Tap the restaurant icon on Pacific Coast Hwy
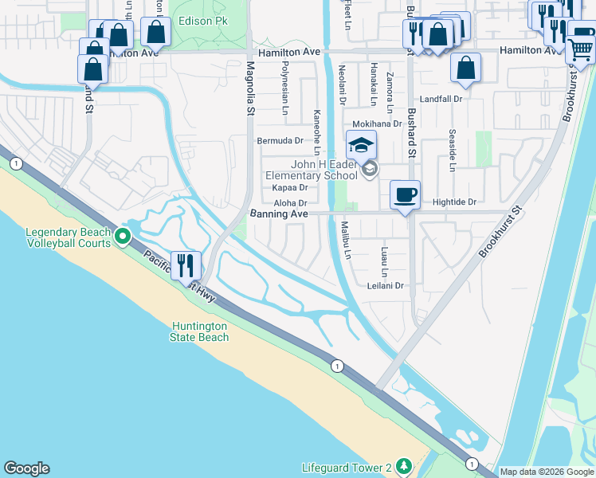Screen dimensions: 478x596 click(186, 266)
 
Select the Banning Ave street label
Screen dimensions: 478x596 click(279, 214)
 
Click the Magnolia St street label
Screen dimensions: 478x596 click(249, 89)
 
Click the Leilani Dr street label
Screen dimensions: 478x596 click(386, 285)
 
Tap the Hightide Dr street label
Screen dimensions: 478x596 click(454, 202)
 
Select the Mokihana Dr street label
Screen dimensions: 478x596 click(378, 124)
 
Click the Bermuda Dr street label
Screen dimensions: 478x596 click(280, 140)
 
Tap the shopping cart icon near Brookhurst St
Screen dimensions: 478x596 click(580, 50)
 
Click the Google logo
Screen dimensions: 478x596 click(26, 468)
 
